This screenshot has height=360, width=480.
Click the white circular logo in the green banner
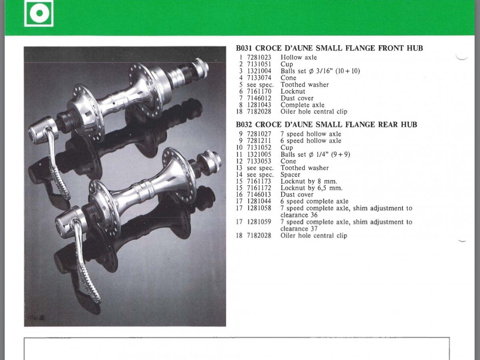[x=39, y=13]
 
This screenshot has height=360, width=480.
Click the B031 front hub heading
[x=329, y=48]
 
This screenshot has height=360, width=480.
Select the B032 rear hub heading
[x=326, y=124]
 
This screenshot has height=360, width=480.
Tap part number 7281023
[x=259, y=58]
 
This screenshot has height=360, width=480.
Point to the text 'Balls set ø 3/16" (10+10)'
[x=320, y=71]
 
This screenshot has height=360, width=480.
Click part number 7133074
[x=259, y=78]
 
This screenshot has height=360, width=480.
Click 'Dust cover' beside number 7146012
[x=297, y=98]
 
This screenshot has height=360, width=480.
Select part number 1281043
[x=259, y=105]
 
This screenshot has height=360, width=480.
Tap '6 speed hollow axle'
[x=311, y=141]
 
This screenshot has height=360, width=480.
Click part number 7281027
[x=259, y=134]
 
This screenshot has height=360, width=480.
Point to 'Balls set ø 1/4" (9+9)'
[x=315, y=154]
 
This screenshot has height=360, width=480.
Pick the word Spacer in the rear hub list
[x=290, y=175]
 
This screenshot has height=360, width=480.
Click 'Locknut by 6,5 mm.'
[x=311, y=188]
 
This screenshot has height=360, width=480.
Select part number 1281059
[x=259, y=222]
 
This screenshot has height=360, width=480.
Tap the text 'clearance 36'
[x=299, y=215]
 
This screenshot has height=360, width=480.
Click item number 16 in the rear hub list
[x=239, y=194]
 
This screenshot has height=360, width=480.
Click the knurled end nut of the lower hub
[x=209, y=162]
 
